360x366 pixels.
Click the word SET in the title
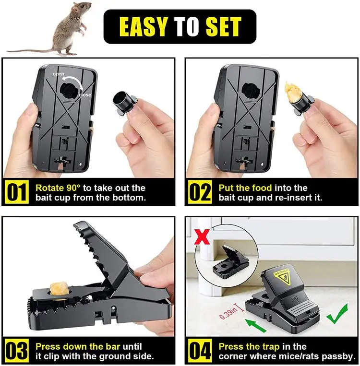click(x=222, y=27)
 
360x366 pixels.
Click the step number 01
click(x=17, y=192)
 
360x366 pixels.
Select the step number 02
click(x=199, y=192)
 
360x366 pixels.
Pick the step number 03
click(x=17, y=351)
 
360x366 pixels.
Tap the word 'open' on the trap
click(x=59, y=74)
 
